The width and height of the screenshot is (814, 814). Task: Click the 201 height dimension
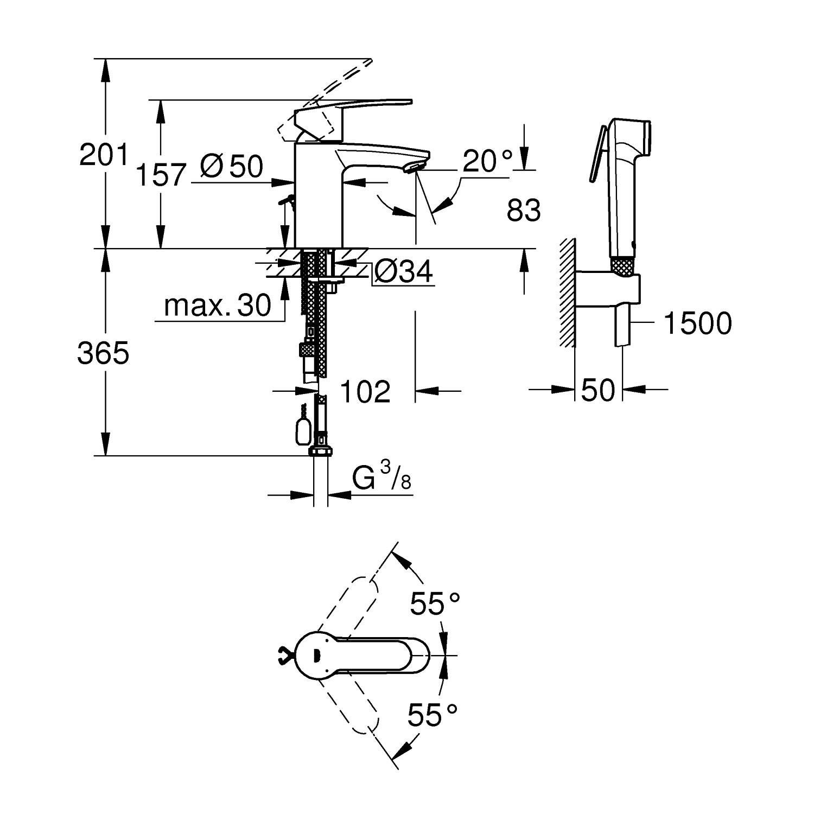click(103, 155)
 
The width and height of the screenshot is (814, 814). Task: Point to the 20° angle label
click(488, 161)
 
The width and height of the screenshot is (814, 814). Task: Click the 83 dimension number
click(524, 211)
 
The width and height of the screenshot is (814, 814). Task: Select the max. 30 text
click(217, 306)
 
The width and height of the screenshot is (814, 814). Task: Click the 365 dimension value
click(103, 354)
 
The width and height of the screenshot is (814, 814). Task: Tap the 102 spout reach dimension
click(365, 391)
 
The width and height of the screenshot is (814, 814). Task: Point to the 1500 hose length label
click(697, 324)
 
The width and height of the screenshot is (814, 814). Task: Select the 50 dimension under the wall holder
click(598, 390)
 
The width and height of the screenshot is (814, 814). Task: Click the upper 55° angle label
click(435, 604)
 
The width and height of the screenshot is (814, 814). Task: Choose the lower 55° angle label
click(433, 715)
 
